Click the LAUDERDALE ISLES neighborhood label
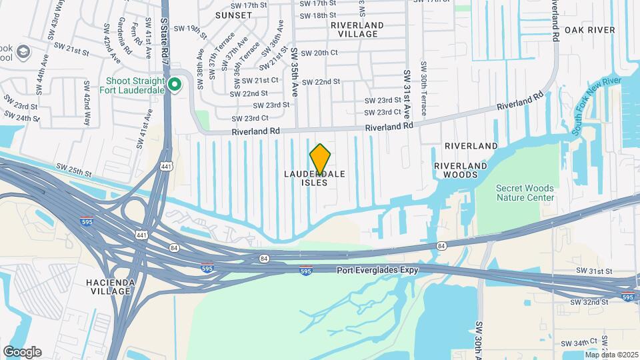[315, 178]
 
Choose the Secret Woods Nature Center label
[525, 193]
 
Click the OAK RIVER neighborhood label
[589, 30]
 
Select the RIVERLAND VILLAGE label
[357, 29]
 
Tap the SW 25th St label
[74, 171]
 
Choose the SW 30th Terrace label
[423, 87]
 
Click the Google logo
[22, 351]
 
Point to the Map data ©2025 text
[611, 355]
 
